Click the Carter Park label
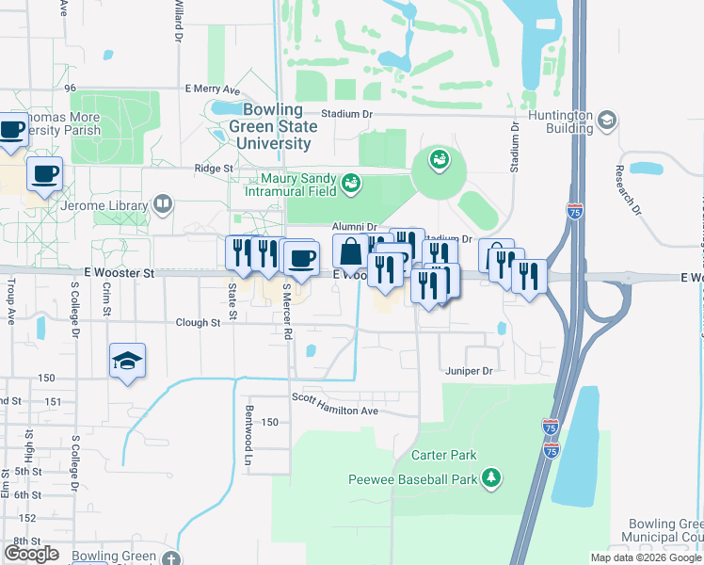click(444, 455)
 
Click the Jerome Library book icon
click(163, 204)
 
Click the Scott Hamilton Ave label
click(334, 411)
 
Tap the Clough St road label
click(198, 322)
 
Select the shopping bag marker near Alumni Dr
click(350, 252)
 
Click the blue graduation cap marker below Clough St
click(127, 362)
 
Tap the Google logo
click(32, 553)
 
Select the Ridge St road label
click(214, 168)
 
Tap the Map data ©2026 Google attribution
click(645, 557)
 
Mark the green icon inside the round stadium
click(438, 160)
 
